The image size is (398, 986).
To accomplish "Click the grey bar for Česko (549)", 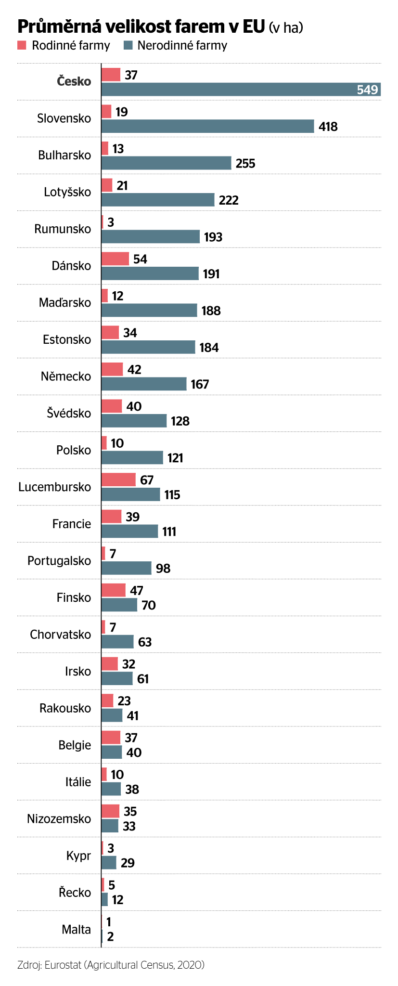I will point(241,90).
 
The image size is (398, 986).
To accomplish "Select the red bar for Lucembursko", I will point(118,480).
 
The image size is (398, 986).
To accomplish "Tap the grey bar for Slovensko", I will point(207,126).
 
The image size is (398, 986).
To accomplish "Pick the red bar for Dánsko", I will point(115,259).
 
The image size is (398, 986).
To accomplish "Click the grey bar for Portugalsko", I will point(126,568).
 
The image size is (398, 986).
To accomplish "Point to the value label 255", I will point(245,164).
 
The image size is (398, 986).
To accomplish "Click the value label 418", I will point(328,127).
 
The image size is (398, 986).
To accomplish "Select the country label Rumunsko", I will point(63,229).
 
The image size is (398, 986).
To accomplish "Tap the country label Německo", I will point(65,376).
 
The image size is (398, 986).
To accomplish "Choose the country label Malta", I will point(76,930).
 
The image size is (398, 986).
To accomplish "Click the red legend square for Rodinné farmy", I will point(22,46).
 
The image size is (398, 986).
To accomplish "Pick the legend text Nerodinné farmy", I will point(182,46).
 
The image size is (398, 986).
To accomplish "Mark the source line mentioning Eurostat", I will point(111,965).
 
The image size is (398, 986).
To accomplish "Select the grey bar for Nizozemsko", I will point(110,826).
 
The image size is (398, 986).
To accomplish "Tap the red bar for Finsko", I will point(114,590).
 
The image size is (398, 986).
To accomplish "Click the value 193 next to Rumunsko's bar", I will point(213,237).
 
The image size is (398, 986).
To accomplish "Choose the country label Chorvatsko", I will point(60,635).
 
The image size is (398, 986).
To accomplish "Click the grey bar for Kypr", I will point(109,863).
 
